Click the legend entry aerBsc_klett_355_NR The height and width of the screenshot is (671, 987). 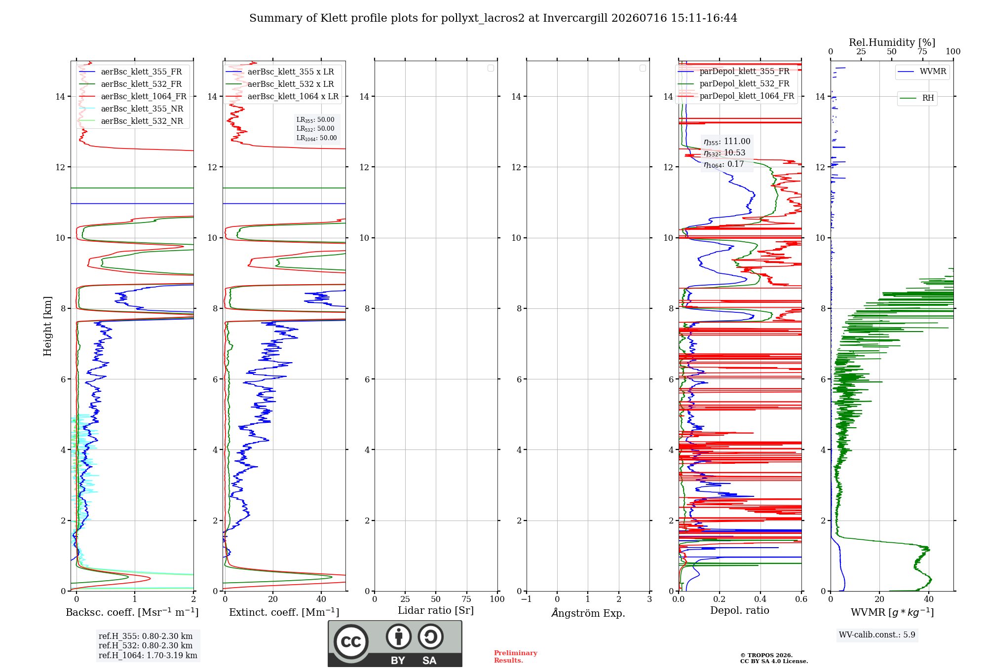131,109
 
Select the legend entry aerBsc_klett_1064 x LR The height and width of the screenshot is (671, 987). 282,96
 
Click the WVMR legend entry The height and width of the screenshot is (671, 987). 922,72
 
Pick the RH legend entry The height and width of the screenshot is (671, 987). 917,98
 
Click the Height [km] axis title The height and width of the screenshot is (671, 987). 47,326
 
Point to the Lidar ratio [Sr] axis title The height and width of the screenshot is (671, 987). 436,610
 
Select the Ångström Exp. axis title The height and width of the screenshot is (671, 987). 588,612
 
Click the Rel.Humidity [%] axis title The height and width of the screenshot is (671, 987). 892,42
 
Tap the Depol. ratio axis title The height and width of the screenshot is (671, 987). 740,610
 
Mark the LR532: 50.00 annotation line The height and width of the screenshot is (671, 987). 315,129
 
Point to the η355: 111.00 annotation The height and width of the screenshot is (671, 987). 727,142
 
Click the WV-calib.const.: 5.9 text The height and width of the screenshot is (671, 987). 877,635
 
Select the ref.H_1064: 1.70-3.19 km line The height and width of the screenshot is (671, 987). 148,655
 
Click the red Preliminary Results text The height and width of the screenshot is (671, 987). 516,657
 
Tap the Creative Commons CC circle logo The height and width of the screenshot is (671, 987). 351,642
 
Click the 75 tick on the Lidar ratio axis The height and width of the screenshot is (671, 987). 466,599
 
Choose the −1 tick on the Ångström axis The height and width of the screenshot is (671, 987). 526,599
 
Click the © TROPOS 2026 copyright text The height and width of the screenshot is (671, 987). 766,655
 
